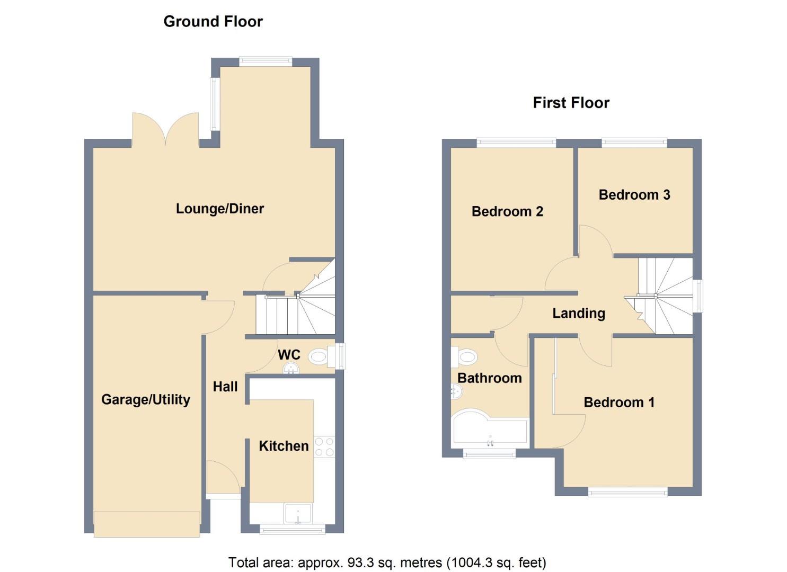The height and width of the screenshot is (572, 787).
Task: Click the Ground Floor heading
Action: click(x=213, y=22)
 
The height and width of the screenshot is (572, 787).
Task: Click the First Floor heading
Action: click(x=571, y=103)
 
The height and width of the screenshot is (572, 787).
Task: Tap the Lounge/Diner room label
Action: click(x=219, y=209)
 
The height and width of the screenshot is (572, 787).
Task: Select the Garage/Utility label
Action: click(x=146, y=399)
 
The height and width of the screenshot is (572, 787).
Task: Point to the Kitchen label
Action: click(x=284, y=446)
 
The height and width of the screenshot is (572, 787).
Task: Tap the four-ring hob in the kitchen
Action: click(x=324, y=446)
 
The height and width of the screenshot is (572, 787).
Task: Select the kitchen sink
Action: click(x=298, y=513)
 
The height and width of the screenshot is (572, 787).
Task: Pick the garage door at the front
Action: click(x=147, y=523)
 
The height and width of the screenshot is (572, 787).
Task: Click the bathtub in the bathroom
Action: click(x=490, y=430)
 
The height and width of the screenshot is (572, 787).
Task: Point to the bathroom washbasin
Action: click(x=456, y=392)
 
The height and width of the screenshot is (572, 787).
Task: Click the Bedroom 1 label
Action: click(x=618, y=403)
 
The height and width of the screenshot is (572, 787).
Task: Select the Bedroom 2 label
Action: click(x=507, y=212)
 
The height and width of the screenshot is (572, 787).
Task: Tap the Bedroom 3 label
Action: click(x=634, y=195)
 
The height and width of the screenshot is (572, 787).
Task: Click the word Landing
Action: click(x=578, y=314)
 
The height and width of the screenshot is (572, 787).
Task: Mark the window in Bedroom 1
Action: click(x=627, y=493)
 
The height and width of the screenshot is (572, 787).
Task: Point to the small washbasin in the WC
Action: click(x=291, y=368)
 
